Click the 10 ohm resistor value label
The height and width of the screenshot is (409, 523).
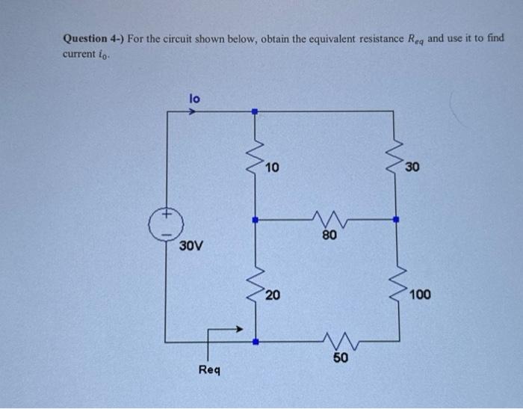coord(272,167)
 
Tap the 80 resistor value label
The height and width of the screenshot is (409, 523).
coord(329,236)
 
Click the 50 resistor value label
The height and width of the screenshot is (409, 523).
coord(340,359)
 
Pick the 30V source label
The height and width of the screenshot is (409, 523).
coord(191,245)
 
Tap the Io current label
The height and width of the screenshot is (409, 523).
coord(194,97)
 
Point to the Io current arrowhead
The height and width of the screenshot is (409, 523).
coord(193,113)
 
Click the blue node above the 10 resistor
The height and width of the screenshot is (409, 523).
coord(255,112)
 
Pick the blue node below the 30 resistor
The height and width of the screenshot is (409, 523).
coord(396,220)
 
